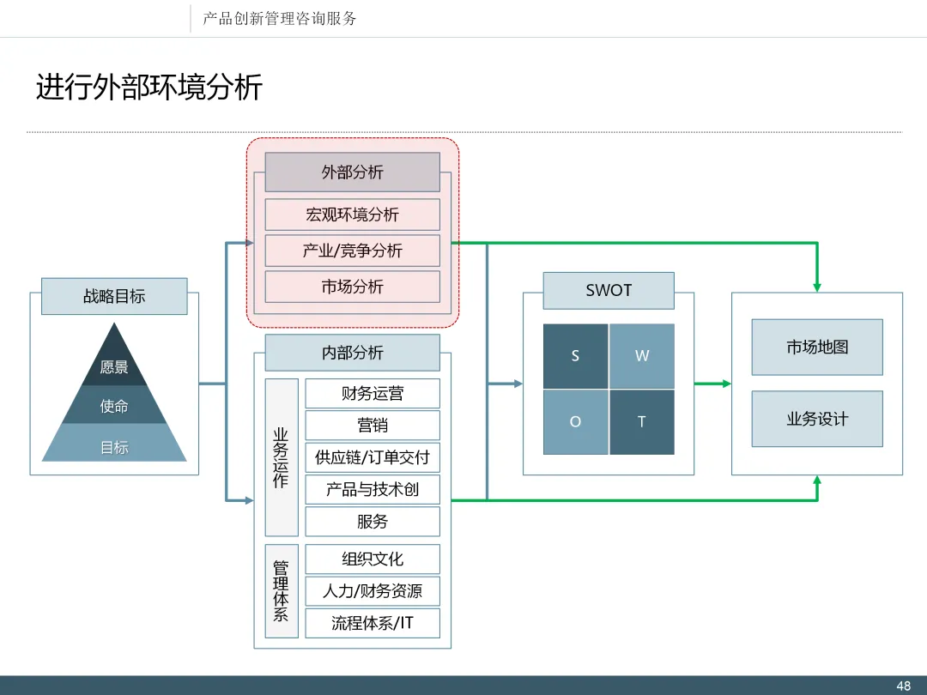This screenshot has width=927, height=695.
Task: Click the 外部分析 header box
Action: point(353,172)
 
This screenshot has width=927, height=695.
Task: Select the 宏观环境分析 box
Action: point(353,215)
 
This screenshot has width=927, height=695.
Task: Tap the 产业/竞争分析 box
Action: point(353,251)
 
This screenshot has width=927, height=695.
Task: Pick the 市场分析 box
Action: point(353,287)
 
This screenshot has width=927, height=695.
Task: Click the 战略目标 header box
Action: point(114,296)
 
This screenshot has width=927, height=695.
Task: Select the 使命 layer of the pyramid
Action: point(114,405)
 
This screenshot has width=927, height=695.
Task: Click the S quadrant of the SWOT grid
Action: point(575,356)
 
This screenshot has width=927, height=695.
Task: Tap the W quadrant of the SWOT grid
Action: point(642,356)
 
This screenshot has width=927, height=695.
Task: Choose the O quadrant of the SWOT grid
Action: point(575,422)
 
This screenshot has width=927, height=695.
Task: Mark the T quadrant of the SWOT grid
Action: point(642,422)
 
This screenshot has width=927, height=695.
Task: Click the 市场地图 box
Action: point(817,347)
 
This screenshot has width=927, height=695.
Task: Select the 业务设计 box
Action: point(817,419)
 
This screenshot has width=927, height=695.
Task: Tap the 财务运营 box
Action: point(373,393)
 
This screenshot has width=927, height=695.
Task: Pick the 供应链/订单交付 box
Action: point(373,456)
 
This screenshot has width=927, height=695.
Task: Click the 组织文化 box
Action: point(373,559)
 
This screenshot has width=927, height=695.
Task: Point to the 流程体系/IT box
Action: point(373,623)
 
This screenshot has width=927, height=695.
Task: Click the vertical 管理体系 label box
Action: point(282,591)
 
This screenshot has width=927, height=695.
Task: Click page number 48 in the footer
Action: point(903,686)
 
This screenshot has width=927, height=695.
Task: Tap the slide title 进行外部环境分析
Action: point(149,88)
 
